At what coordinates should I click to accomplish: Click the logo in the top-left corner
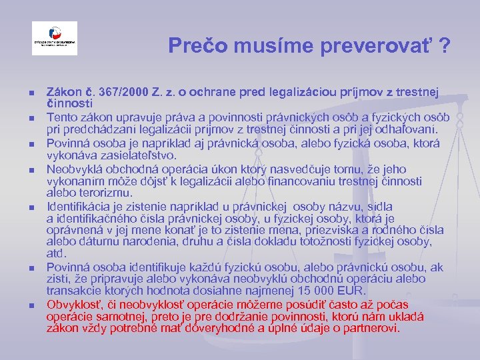click(x=55, y=39)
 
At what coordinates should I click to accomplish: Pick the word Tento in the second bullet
click(x=62, y=117)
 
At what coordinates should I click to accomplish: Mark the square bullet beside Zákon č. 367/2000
click(x=23, y=91)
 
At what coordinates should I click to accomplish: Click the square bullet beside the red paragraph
click(x=23, y=306)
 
